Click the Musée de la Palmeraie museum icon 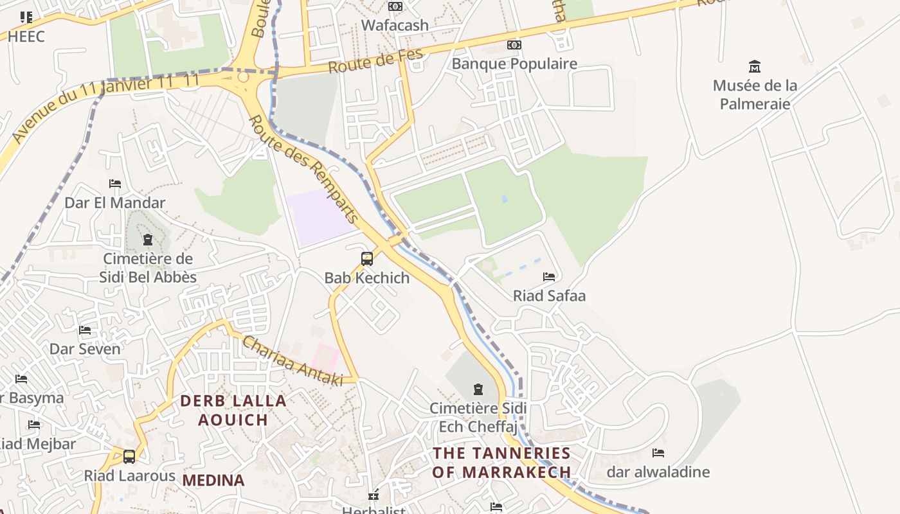point(755,66)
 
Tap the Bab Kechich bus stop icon point(367,259)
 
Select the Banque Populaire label point(514,64)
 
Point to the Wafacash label point(395,26)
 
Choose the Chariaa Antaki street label point(292,362)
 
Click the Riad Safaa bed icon point(549,277)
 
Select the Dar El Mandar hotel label point(115,203)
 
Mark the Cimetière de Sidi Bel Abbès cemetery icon point(148,240)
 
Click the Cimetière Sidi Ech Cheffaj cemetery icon point(478,389)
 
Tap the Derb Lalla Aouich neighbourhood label point(233,410)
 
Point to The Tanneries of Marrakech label point(501,463)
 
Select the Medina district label point(213,480)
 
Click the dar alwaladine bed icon point(658,453)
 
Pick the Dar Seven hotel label point(85,350)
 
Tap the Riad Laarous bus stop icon point(129,457)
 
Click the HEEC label point(26,37)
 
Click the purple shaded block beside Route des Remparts point(318,215)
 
